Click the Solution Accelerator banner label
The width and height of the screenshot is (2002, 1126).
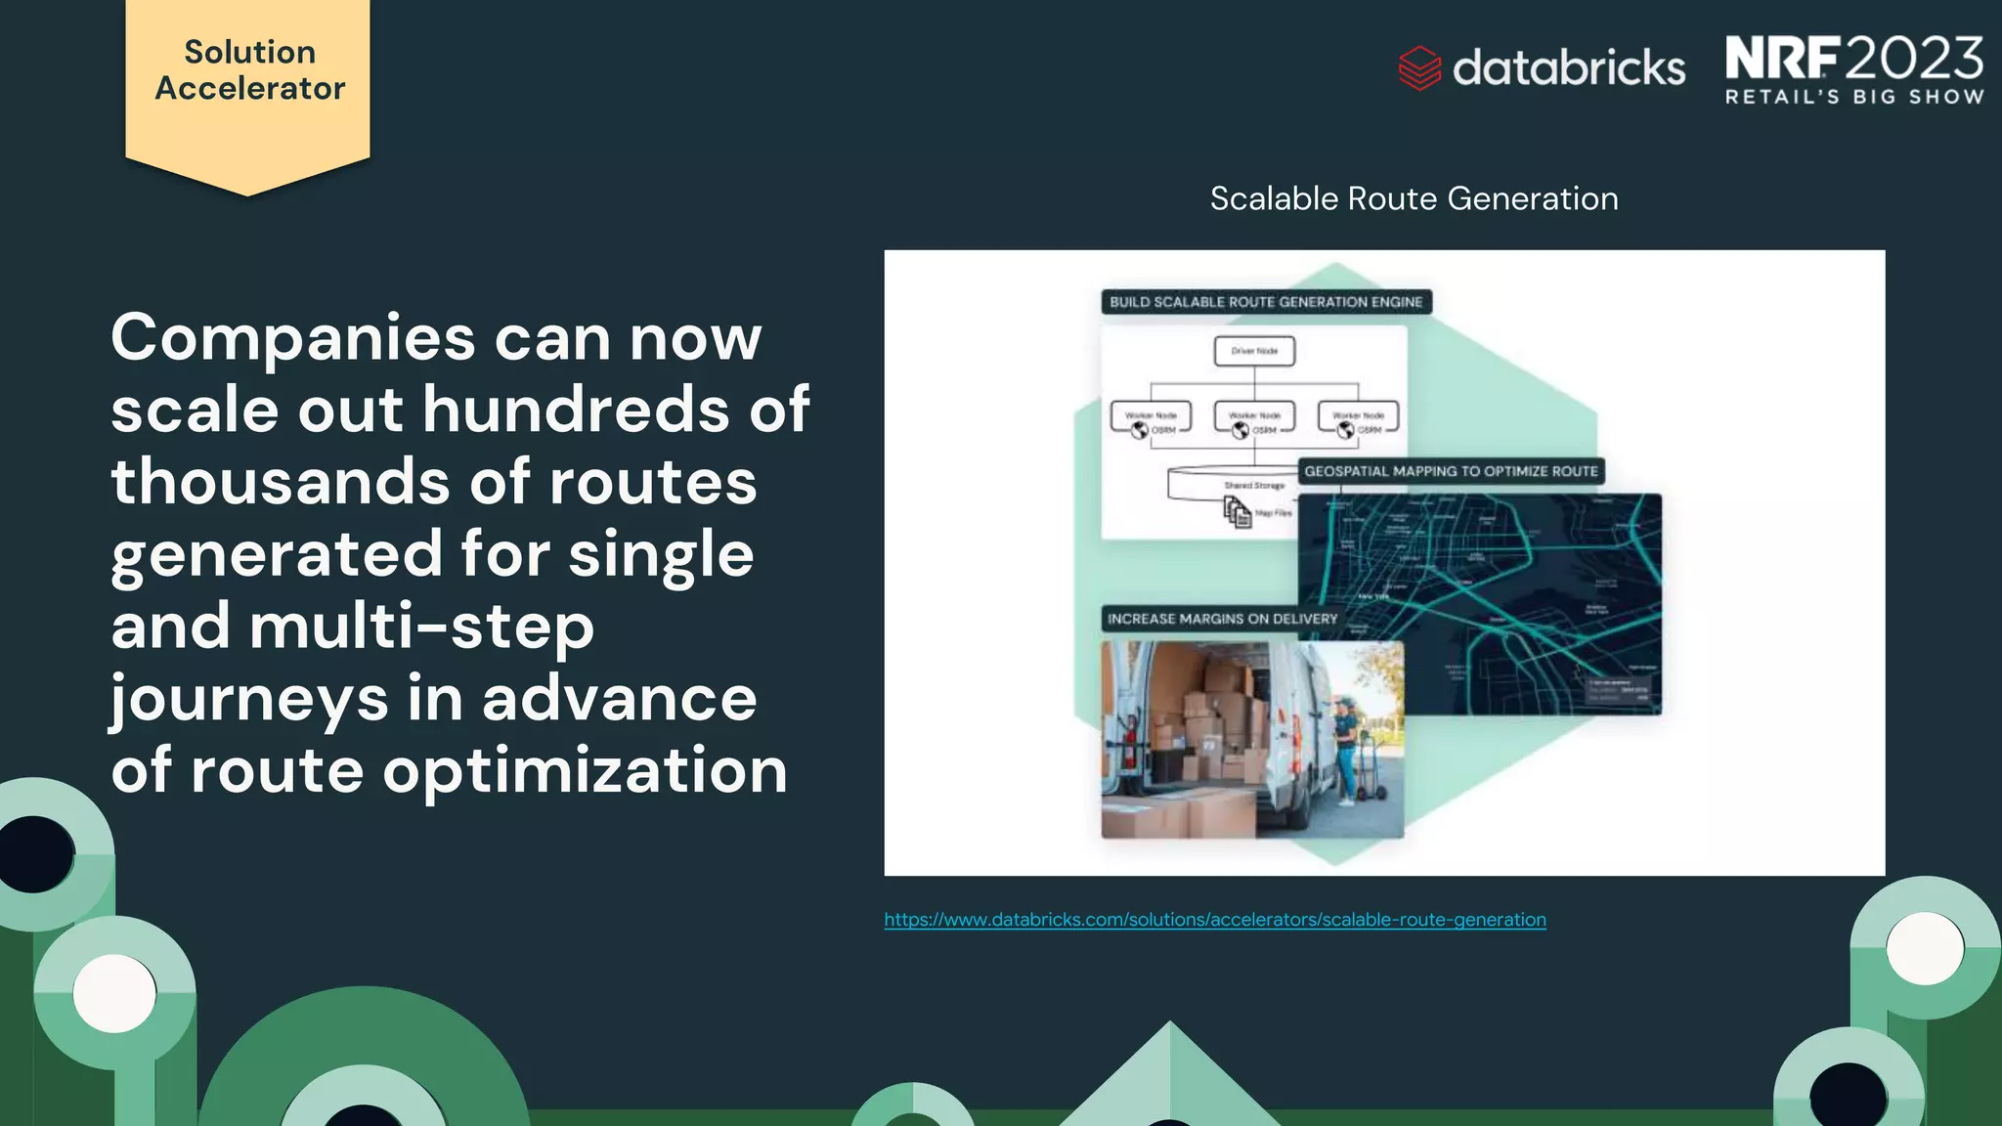(249, 70)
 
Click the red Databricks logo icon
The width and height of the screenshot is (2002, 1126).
(1419, 68)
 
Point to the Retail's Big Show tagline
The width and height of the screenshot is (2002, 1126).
(1853, 97)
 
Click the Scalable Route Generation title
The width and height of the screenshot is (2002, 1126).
(1414, 198)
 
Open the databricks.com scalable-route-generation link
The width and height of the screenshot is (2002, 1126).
(1214, 920)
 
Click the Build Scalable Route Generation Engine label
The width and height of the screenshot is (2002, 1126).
(1266, 302)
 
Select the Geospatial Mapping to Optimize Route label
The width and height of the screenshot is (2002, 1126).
(1451, 471)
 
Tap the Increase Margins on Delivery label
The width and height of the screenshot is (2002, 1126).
(1222, 619)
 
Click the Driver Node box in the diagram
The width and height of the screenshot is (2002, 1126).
(1254, 351)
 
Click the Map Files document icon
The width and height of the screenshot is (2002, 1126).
(1238, 512)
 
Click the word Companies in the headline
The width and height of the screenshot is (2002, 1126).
(293, 338)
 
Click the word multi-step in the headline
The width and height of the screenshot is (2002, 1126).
(420, 627)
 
